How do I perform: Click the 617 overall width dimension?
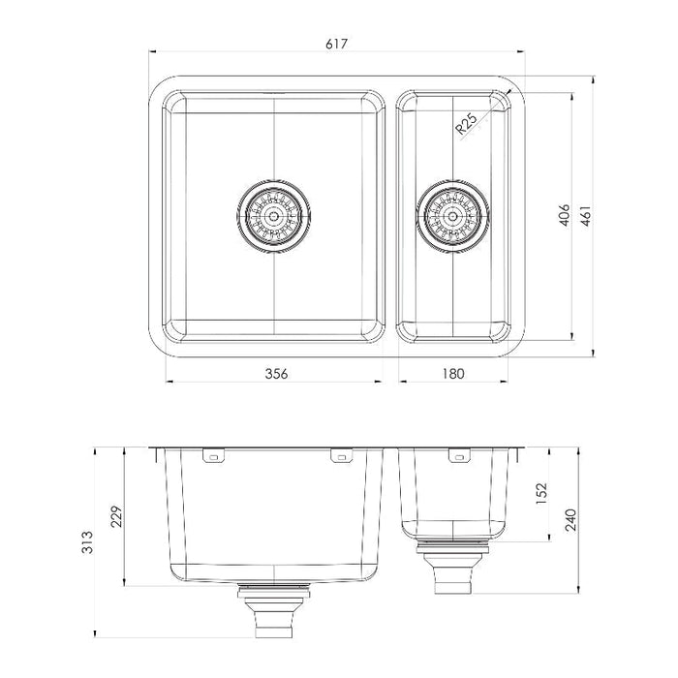coord(337,44)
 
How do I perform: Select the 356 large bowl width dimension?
coord(276,372)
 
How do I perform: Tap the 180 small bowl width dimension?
coord(452,372)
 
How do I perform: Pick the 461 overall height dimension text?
coord(584,215)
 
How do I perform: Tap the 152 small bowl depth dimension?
coord(540,494)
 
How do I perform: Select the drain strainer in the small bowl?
coord(452,215)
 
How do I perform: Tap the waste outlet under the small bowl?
coord(453,571)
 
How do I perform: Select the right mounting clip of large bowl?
coord(339,455)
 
